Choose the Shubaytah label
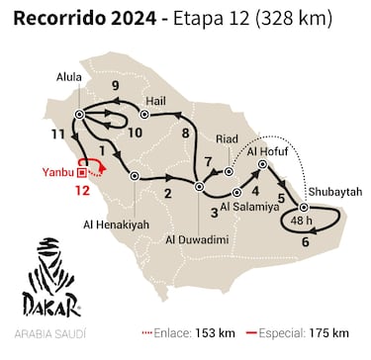[x=331, y=193]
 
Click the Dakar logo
[x=48, y=276]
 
